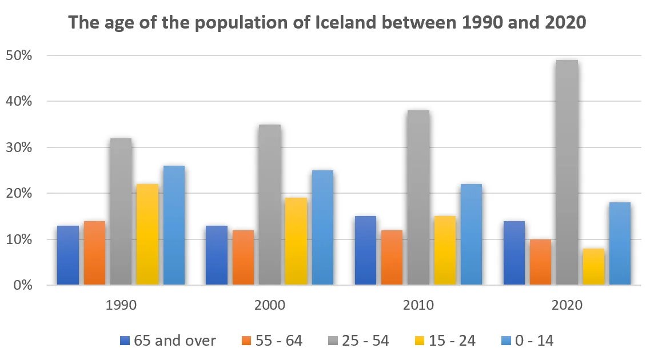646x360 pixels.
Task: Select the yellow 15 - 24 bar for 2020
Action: tap(593, 266)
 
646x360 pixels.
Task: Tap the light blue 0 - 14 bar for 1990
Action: tap(174, 225)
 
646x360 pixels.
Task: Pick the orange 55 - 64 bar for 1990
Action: tap(94, 253)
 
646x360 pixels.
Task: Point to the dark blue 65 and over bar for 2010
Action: tap(365, 250)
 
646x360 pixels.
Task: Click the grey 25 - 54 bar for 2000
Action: tap(269, 205)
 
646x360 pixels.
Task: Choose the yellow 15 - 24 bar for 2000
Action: tap(296, 241)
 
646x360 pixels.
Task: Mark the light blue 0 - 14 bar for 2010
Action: tap(472, 234)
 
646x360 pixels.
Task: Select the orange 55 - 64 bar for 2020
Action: tap(540, 262)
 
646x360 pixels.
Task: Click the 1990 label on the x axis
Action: tap(121, 305)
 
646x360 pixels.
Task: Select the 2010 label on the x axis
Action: tap(418, 305)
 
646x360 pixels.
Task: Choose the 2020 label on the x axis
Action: tap(567, 305)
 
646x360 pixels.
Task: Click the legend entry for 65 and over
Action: tap(169, 341)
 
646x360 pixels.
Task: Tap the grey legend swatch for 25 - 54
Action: tap(330, 341)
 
